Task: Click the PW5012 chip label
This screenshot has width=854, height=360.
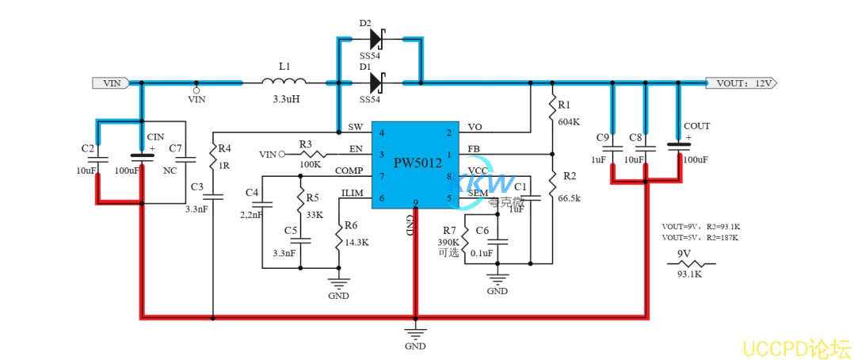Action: coord(417,163)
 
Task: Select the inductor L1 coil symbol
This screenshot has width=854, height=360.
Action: coord(284,81)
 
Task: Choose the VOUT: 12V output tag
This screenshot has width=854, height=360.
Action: coord(742,82)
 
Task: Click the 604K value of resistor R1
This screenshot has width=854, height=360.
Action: coord(569,122)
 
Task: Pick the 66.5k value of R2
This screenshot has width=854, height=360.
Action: coord(570,197)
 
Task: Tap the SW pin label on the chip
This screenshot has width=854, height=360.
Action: coord(355,128)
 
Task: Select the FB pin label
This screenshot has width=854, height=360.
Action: coord(474,149)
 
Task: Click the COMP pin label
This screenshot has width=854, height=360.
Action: coord(349,170)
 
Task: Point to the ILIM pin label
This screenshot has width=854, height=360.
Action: coord(352,193)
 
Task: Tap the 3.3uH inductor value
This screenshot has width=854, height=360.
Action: coord(285,99)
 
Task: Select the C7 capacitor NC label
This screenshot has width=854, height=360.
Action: coord(170,170)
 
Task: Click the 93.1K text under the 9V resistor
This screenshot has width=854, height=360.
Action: coord(688,274)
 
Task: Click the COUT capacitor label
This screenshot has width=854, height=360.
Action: coord(696,126)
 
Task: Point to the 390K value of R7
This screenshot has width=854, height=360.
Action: coord(448,242)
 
